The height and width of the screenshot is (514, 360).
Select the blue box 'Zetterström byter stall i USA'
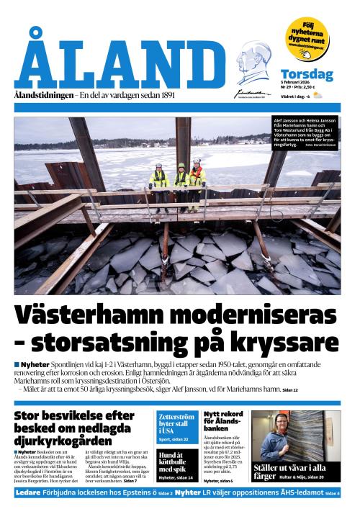click(x=176, y=427)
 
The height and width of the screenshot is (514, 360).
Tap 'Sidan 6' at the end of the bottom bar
click(x=333, y=494)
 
